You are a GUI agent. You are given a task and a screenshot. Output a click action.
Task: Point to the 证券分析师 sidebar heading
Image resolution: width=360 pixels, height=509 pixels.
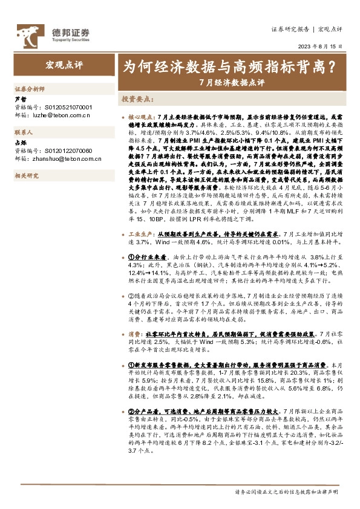[30, 88]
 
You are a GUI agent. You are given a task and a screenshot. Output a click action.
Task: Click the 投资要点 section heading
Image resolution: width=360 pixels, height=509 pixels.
[136, 97]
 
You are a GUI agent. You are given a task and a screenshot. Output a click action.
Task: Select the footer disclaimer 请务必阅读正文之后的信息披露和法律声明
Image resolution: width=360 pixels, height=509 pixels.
[286, 493]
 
